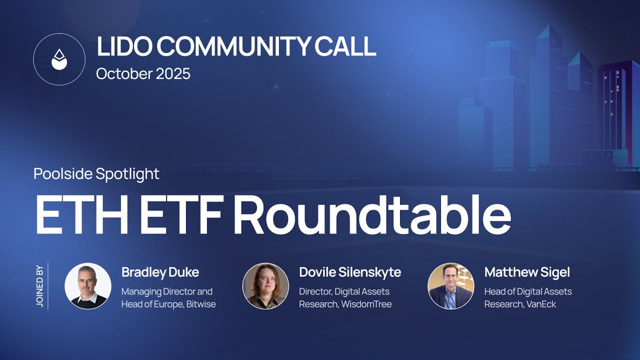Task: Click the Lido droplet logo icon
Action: (x=59, y=59)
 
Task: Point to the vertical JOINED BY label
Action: (x=40, y=286)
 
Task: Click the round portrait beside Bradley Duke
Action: (x=88, y=286)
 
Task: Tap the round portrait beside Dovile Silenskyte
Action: (x=265, y=286)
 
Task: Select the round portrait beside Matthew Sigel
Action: (x=450, y=286)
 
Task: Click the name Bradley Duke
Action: (x=160, y=272)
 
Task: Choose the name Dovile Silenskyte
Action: (x=350, y=272)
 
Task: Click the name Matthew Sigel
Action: (x=527, y=272)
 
